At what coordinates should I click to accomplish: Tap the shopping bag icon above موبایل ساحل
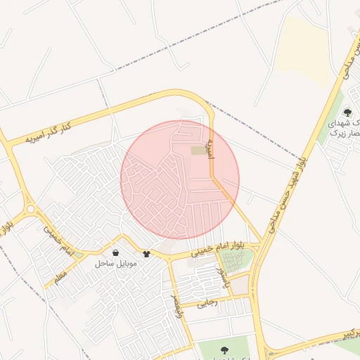tap(115, 252)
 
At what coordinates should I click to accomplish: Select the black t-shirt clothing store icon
tap(146, 254)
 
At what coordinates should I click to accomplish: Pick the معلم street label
tap(60, 272)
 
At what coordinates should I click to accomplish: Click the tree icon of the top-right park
tap(347, 112)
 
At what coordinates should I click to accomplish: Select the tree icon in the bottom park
tap(224, 349)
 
